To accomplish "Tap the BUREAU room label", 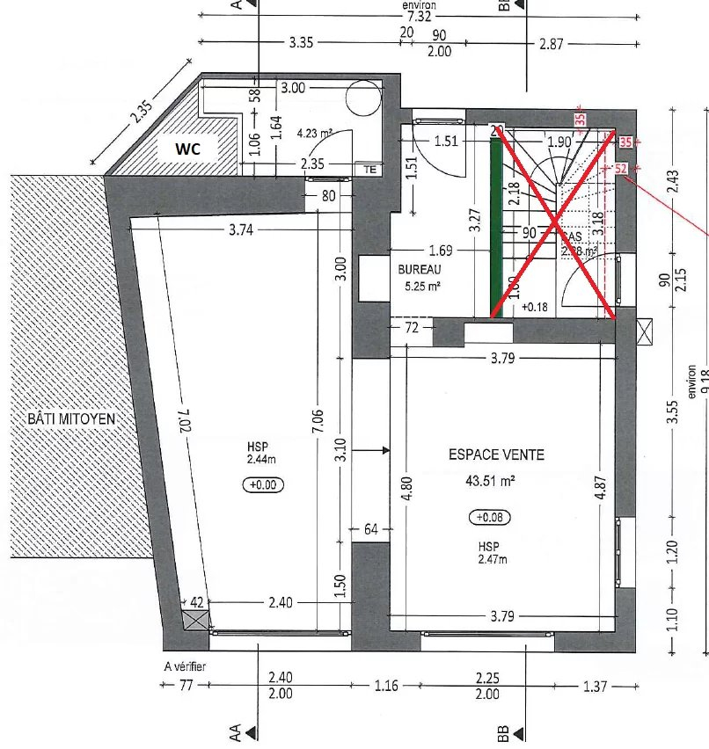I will (417, 271).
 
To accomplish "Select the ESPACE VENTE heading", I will (496, 454).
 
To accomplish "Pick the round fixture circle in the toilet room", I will (362, 94).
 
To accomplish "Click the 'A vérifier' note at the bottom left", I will (185, 667).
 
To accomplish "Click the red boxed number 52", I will (620, 168).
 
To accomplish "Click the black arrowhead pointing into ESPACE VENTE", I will (384, 450).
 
